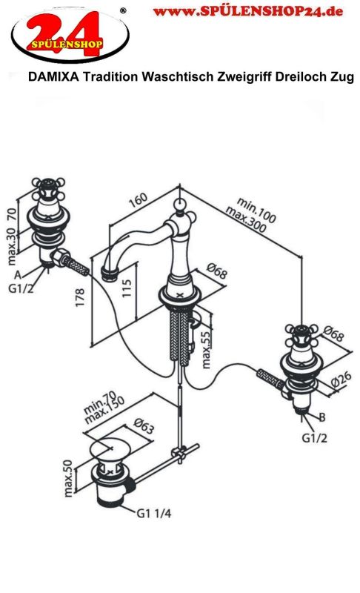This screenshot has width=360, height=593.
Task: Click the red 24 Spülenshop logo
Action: tap(70, 35)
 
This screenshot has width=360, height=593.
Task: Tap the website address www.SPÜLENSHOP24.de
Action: tap(248, 11)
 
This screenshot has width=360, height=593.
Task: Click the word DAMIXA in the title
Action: tap(53, 77)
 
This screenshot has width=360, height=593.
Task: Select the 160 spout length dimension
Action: tap(138, 200)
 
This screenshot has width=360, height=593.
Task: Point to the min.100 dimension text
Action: tap(257, 210)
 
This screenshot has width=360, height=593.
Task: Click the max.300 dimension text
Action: tap(246, 219)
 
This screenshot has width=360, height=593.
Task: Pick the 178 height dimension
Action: tap(80, 297)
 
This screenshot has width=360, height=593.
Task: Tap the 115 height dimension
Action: tap(127, 288)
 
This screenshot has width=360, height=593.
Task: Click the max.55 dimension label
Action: tap(206, 350)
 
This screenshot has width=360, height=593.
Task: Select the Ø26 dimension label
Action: tap(341, 380)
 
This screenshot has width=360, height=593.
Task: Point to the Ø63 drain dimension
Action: tap(144, 425)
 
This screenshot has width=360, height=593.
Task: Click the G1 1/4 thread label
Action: tap(154, 513)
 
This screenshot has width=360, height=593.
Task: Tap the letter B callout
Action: tap(321, 417)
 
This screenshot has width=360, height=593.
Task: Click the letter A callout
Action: tap(18, 274)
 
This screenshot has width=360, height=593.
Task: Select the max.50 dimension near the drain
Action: tap(68, 478)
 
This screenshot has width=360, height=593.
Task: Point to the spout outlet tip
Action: tap(110, 273)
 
